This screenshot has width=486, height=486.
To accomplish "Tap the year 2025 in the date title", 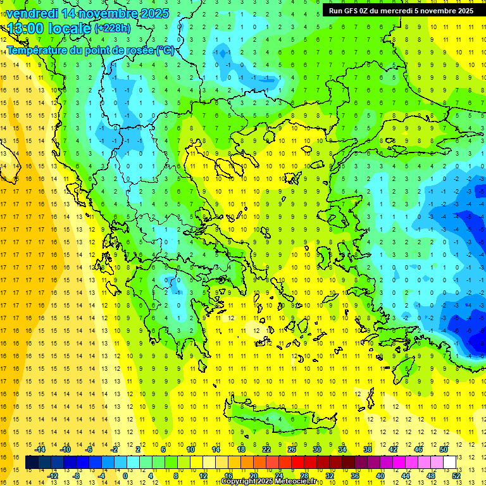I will tap(155, 13).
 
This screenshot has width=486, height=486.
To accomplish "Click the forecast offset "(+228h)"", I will tap(112, 28).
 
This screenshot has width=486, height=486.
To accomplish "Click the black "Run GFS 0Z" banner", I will tap(401, 11).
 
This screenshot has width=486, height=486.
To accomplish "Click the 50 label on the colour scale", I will tap(443, 450).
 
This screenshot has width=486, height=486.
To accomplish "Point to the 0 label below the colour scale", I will tap(125, 476).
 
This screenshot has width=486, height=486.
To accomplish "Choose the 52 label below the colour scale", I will tap(456, 476).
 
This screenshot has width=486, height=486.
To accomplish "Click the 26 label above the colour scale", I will tap(291, 450).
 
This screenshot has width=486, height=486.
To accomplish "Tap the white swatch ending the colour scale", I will tap(449, 463).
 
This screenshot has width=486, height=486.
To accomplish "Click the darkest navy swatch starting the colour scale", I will tap(32, 463).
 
